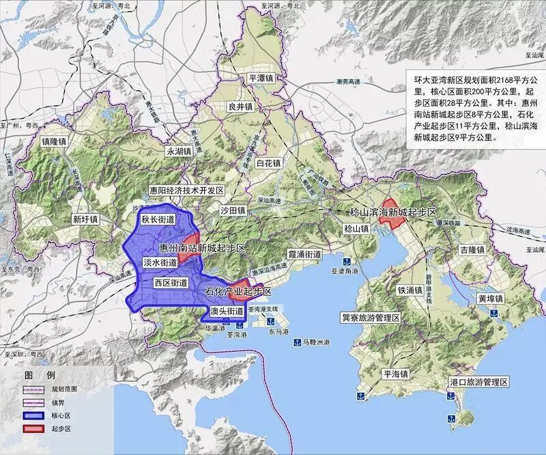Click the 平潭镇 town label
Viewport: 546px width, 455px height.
261,78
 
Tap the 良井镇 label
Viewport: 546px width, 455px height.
241,107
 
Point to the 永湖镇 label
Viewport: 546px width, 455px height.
179,151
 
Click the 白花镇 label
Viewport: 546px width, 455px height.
268,163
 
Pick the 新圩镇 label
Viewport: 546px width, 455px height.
85,220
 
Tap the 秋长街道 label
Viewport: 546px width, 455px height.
158,220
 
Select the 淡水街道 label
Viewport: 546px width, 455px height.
160,262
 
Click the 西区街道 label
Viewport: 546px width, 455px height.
171,282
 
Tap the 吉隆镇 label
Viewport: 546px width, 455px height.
472,251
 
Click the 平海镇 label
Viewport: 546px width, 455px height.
394,374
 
